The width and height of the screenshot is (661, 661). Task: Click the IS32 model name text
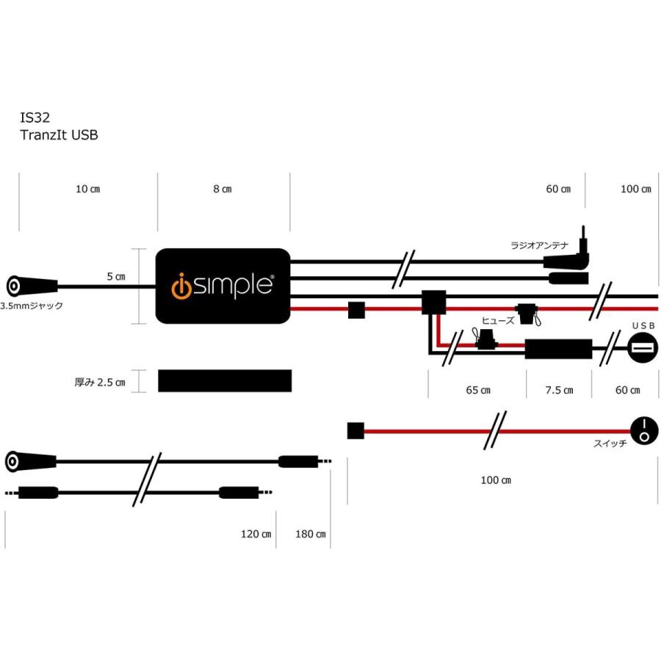click(x=35, y=118)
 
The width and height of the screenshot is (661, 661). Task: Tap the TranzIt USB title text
click(x=58, y=134)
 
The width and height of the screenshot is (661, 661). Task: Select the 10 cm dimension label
click(x=88, y=189)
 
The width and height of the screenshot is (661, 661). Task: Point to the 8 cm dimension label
click(x=223, y=189)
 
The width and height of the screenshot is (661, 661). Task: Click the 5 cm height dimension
click(x=115, y=277)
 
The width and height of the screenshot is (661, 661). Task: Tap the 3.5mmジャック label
click(x=32, y=305)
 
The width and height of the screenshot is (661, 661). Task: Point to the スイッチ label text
click(x=608, y=444)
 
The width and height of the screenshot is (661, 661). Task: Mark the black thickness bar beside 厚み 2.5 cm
click(x=225, y=380)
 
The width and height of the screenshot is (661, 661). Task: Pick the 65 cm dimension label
click(x=478, y=390)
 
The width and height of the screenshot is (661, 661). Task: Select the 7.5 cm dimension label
click(x=559, y=390)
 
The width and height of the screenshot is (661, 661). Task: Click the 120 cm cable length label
click(x=256, y=534)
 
